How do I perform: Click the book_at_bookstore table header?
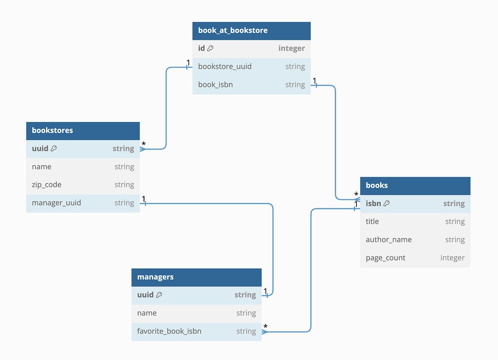pos(233,30)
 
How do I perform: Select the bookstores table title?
pos(52,130)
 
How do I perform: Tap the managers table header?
pos(155,277)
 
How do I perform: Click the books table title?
pos(377,185)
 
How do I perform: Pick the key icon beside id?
pos(210,49)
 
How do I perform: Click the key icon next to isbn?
pos(386,204)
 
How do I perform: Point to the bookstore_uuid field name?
pos(225,66)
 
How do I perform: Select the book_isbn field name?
pos(215,85)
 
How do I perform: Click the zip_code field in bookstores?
pos(46,185)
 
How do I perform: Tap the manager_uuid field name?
pos(56,203)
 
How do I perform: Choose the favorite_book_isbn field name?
pos(169,331)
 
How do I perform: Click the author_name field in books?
pos(389,239)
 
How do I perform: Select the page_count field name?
pos(386,258)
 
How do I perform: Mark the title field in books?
pos(372,221)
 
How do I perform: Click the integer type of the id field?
pos(291,49)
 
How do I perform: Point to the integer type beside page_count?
pos(452,258)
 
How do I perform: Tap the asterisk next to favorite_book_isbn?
pos(266,326)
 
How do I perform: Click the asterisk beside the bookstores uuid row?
pos(144,144)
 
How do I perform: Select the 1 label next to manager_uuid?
pos(144,199)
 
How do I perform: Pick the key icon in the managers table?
pos(159,295)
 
